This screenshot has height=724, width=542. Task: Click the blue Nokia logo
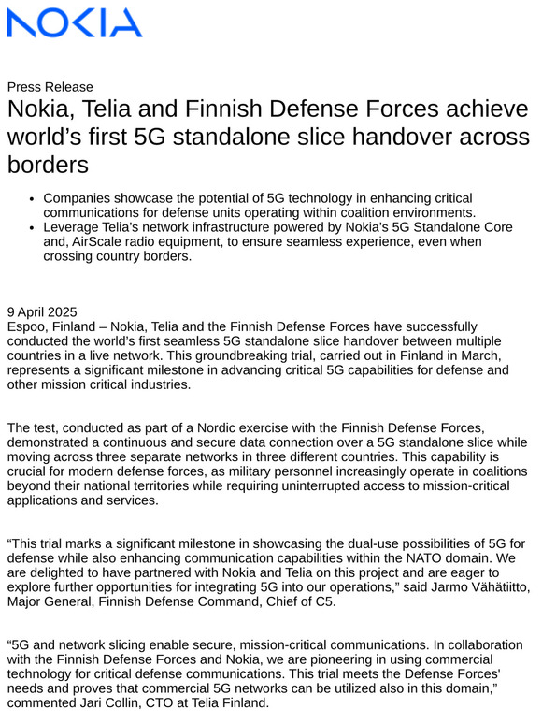[75, 23]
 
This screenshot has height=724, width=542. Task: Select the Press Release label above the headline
[50, 87]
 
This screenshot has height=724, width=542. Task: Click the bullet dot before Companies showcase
[32, 199]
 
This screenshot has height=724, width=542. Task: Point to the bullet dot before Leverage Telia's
[32, 227]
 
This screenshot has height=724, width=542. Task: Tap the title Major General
[51, 602]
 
